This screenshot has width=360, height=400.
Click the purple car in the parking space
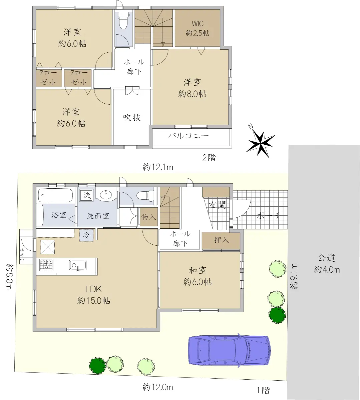click(x=230, y=351)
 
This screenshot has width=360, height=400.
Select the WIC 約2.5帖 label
click(x=198, y=28)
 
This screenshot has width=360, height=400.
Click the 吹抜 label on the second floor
click(x=132, y=118)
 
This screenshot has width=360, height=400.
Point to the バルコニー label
click(x=188, y=136)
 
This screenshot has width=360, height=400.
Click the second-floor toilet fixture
click(x=123, y=20)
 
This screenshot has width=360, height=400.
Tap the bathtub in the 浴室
click(x=55, y=195)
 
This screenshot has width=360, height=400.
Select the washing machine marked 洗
click(x=87, y=195)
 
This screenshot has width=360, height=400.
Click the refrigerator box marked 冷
click(x=86, y=235)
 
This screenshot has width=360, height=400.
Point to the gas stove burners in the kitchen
click(x=46, y=265)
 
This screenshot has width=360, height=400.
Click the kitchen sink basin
click(x=78, y=265)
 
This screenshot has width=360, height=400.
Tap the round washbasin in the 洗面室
click(x=106, y=195)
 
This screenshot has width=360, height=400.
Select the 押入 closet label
click(x=221, y=240)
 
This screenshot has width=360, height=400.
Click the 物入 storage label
click(x=148, y=217)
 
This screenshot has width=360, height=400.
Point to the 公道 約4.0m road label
click(x=327, y=264)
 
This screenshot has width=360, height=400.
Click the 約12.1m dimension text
click(x=158, y=167)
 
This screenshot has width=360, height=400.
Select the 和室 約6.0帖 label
click(x=198, y=276)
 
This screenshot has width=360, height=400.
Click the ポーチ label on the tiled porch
click(x=269, y=216)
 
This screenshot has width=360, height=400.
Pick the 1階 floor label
click(x=263, y=390)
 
